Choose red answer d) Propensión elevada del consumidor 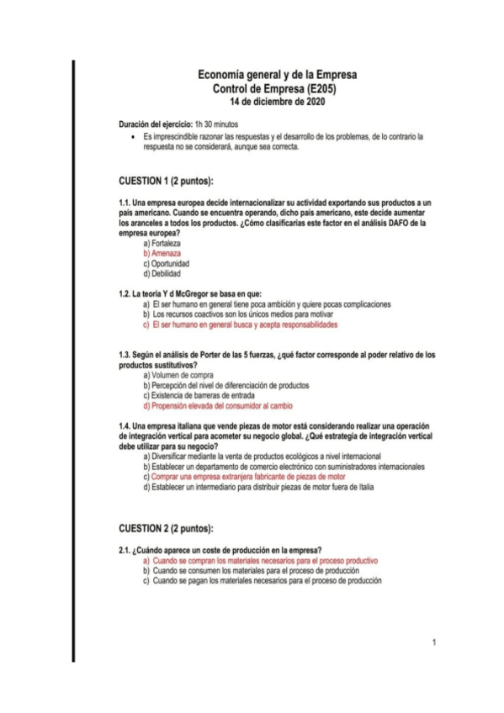[x=229, y=405]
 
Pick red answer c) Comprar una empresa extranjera [x=244, y=476]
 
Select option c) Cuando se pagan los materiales [x=262, y=580]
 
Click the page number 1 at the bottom [x=433, y=643]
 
